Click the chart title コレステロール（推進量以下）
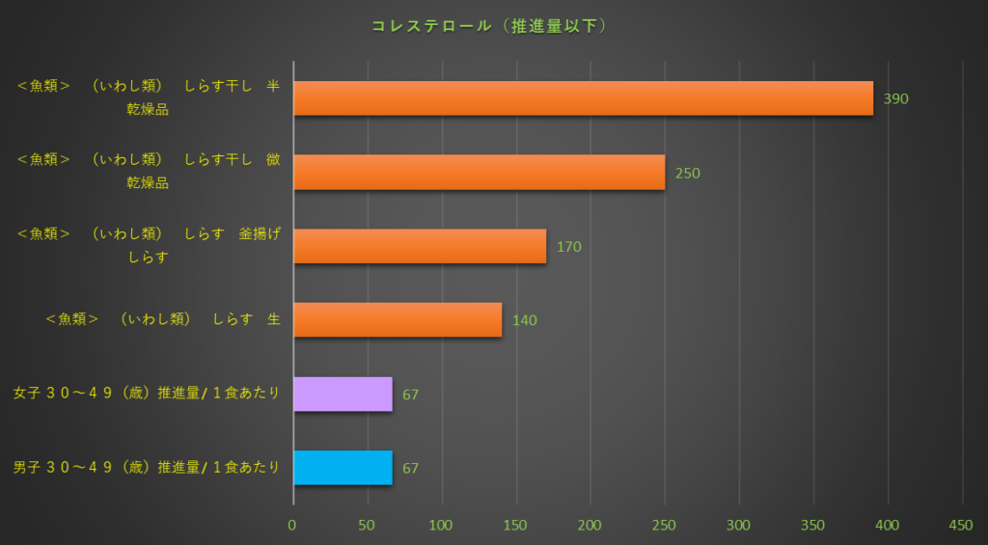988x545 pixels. pyautogui.click(x=490, y=26)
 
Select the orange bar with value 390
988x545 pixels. pyautogui.click(x=583, y=98)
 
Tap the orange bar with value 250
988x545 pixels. pyautogui.click(x=479, y=173)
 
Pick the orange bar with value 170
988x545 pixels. pyautogui.click(x=420, y=246)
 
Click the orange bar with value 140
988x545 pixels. pyautogui.click(x=398, y=320)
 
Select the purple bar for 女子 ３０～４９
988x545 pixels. pyautogui.click(x=343, y=394)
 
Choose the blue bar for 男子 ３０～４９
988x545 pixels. pyautogui.click(x=343, y=468)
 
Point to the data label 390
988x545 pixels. pyautogui.click(x=895, y=98)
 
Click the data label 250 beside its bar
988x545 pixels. pyautogui.click(x=687, y=173)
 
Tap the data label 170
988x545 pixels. pyautogui.click(x=568, y=247)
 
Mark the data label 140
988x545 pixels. pyautogui.click(x=524, y=320)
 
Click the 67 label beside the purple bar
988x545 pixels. pyautogui.click(x=410, y=395)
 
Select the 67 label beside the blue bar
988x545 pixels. pyautogui.click(x=410, y=469)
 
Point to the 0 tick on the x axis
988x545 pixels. pyautogui.click(x=292, y=526)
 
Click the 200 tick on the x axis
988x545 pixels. pyautogui.click(x=590, y=526)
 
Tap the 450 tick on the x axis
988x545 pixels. pyautogui.click(x=961, y=526)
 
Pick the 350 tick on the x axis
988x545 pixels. pyautogui.click(x=812, y=526)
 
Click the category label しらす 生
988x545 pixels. pyautogui.click(x=163, y=319)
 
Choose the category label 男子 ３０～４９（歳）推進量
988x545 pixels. pyautogui.click(x=147, y=468)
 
